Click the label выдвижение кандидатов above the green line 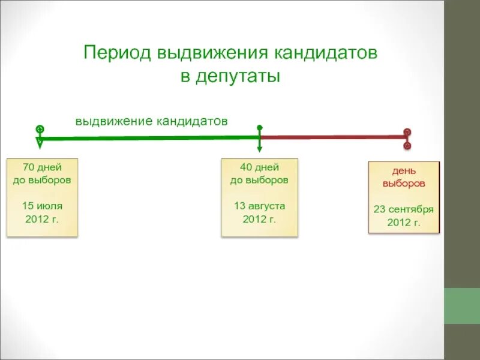tap(151, 121)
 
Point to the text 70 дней tap(42, 167)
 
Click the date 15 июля tap(42, 205)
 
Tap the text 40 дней tap(259, 167)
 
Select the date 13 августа tap(259, 205)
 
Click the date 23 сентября tap(403, 209)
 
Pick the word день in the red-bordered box tap(403, 171)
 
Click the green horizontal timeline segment tap(150, 138)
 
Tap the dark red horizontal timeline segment tap(333, 137)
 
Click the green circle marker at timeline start tap(40, 128)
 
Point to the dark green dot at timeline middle tap(259, 128)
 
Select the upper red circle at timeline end tap(407, 131)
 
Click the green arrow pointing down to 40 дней tap(259, 148)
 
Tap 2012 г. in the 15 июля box tap(42, 218)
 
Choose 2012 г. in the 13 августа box tap(259, 218)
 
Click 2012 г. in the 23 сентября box tap(403, 223)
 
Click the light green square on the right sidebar tap(461, 306)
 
